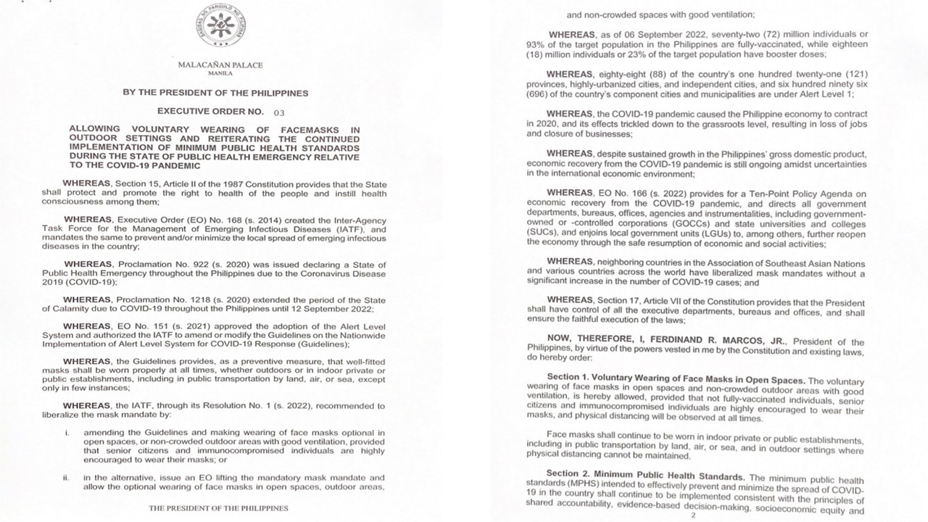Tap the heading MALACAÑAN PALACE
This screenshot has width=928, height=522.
pyautogui.click(x=220, y=65)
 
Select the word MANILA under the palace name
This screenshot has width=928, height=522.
pyautogui.click(x=220, y=73)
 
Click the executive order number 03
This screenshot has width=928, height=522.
pyautogui.click(x=279, y=113)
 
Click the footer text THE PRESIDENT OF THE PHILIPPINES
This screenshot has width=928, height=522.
pyautogui.click(x=218, y=508)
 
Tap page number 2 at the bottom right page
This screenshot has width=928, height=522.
pyautogui.click(x=694, y=515)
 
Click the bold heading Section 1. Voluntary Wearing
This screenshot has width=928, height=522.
pyautogui.click(x=675, y=380)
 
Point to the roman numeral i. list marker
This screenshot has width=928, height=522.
pyautogui.click(x=67, y=433)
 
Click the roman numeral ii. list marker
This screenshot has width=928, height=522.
pyautogui.click(x=67, y=478)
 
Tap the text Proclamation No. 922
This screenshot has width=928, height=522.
pyautogui.click(x=160, y=265)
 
